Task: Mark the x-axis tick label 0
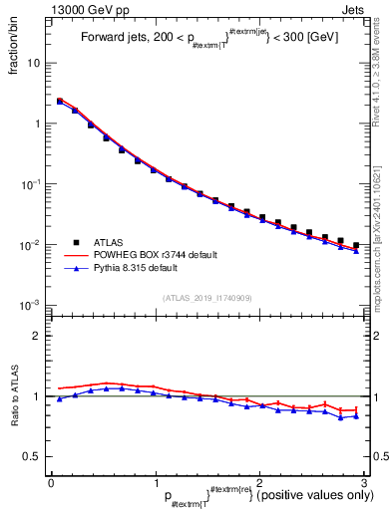[x=51, y=481]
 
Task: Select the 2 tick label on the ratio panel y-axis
[x=38, y=336]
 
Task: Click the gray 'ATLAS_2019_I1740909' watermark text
[x=206, y=298]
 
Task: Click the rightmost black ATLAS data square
[x=356, y=245]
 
